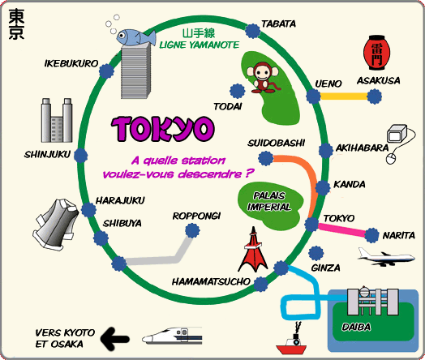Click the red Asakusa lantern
pyautogui.click(x=376, y=53)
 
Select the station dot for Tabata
pyautogui.click(x=252, y=31)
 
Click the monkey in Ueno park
pyautogui.click(x=262, y=78)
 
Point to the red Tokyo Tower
pyautogui.click(x=252, y=250)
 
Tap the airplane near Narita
pyautogui.click(x=386, y=257)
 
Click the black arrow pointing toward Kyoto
pyautogui.click(x=114, y=338)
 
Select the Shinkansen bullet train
pyautogui.click(x=172, y=336)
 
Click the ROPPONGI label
pyautogui.click(x=196, y=216)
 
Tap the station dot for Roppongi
pyautogui.click(x=192, y=230)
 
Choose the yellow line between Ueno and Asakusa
pyautogui.click(x=344, y=96)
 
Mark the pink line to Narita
pyautogui.click(x=342, y=229)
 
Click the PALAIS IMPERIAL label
pyautogui.click(x=269, y=201)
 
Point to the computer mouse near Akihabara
pyautogui.click(x=391, y=158)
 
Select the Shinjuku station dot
pyautogui.click(x=81, y=156)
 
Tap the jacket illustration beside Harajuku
pyautogui.click(x=56, y=224)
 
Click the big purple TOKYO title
pyautogui.click(x=163, y=129)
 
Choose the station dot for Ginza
pyautogui.click(x=316, y=253)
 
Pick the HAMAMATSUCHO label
pyautogui.click(x=211, y=281)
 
